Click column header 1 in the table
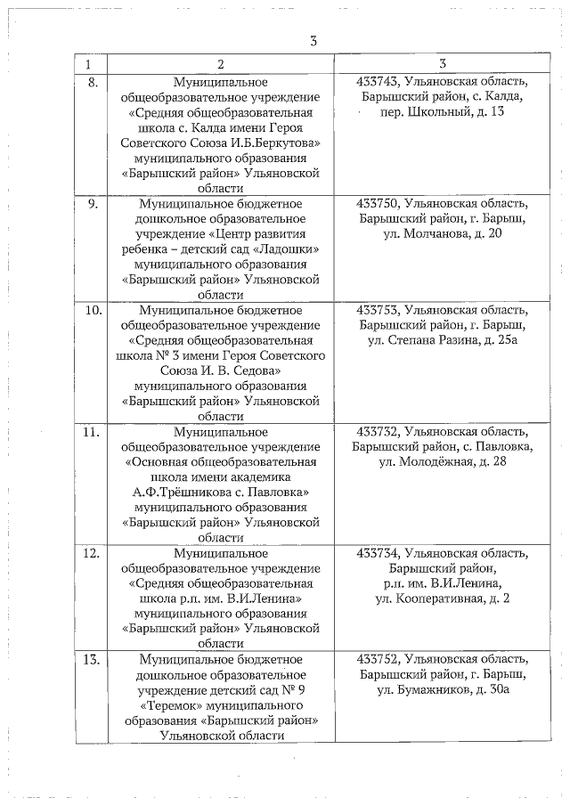tap(88, 65)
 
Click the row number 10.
tap(92, 310)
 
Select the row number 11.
tap(92, 432)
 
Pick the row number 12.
tap(92, 553)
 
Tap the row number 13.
tap(92, 660)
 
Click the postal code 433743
tap(376, 82)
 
